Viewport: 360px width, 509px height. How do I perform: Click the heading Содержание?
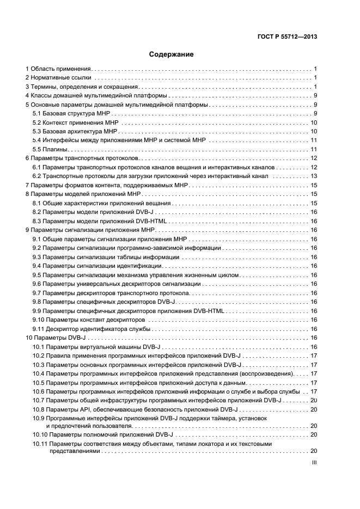pos(171,54)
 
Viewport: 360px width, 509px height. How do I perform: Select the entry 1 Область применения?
pos(58,69)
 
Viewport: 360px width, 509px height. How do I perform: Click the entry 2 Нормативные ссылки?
pos(58,78)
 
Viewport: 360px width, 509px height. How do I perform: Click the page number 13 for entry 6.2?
pos(314,176)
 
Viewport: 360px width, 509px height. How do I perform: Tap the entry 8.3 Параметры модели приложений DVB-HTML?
pos(100,220)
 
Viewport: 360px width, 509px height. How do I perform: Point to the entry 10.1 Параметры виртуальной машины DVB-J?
pos(95,346)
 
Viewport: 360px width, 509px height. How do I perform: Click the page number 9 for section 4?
pos(315,96)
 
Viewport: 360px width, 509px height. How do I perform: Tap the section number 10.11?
pos(40,444)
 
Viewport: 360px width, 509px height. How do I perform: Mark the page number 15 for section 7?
pos(314,185)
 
